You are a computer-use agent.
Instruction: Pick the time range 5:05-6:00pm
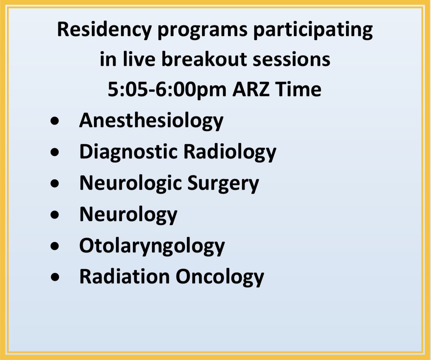coord(167,89)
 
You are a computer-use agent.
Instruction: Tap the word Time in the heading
coord(301,89)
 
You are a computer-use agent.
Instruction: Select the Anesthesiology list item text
coord(151,120)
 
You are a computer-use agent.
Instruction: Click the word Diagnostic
coord(128,152)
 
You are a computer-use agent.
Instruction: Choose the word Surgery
coord(228,183)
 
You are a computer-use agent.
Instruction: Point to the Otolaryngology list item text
coord(152,246)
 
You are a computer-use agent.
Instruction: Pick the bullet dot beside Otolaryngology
coord(55,247)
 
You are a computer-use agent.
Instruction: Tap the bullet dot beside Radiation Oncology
coord(55,278)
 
